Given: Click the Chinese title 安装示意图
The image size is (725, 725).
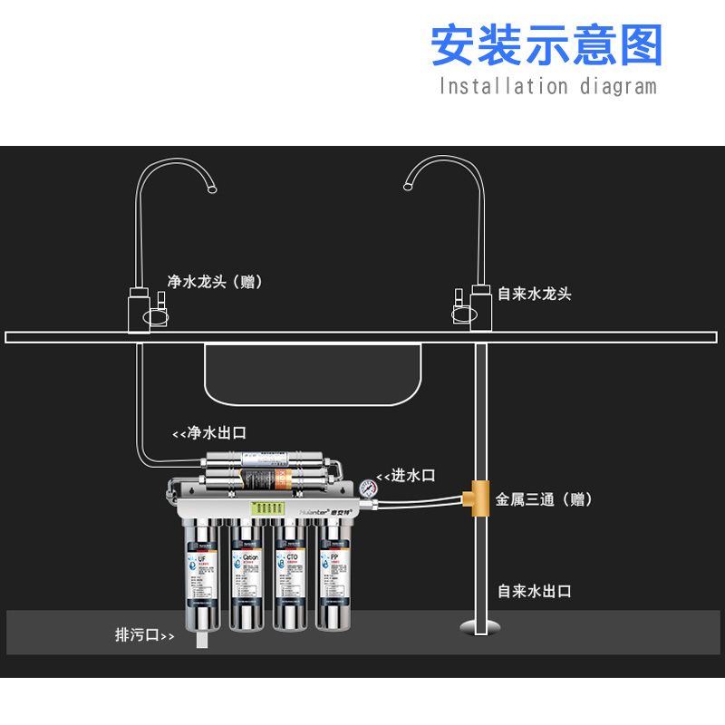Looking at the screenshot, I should (x=546, y=45).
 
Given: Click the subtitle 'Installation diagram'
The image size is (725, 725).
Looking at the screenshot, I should (x=546, y=87).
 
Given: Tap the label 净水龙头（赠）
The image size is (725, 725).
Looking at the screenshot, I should (x=215, y=282).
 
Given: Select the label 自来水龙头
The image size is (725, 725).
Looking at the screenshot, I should (x=535, y=294).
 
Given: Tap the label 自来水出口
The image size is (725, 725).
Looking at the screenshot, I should (x=535, y=591).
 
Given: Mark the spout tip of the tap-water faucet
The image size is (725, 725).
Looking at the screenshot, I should (x=408, y=187).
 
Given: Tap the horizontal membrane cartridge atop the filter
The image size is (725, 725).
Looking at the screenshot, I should (x=262, y=467).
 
